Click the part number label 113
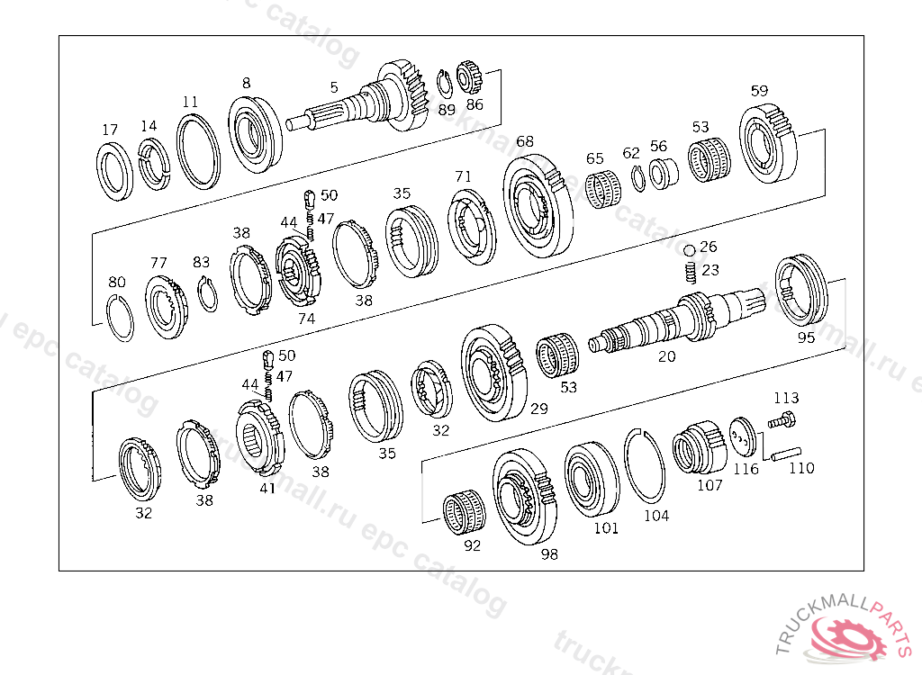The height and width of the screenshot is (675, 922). coord(786,398)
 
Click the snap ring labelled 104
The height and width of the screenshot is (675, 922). coord(646,465)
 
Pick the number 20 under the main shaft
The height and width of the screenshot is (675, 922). coord(666,356)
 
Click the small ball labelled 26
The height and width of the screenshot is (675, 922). coord(690,249)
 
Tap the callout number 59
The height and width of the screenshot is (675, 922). coord(759,90)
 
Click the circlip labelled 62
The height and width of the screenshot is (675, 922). coord(637,179)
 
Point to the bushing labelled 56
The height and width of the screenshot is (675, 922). coord(663,173)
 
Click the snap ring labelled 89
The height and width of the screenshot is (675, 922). coord(445,84)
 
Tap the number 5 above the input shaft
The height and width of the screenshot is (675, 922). coord(334,87)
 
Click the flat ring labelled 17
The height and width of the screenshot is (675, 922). coord(115,170)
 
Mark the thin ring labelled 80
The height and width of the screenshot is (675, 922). coord(120,319)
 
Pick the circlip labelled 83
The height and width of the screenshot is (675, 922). coord(207,294)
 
